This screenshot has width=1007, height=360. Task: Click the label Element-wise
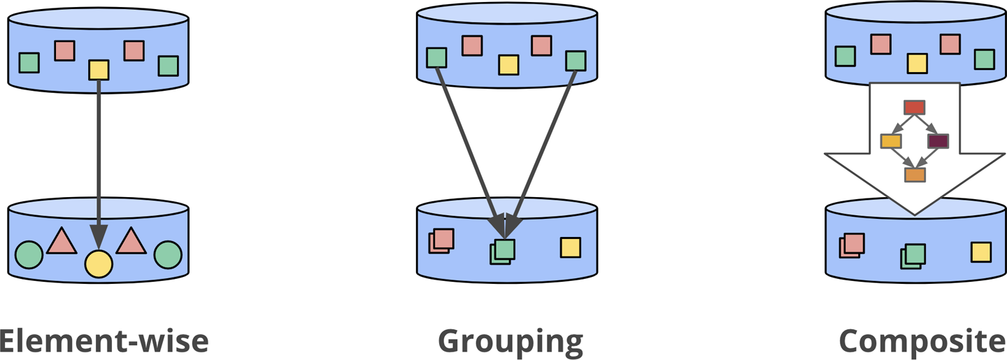pos(103,341)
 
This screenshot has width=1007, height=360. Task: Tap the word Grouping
pos(510,341)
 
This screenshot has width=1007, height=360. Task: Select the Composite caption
pos(922,341)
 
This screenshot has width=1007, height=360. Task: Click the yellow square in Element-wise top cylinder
pos(99,70)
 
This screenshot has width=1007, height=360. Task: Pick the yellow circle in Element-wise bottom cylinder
pos(99,264)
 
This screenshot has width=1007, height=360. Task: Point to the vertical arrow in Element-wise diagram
pos(99,161)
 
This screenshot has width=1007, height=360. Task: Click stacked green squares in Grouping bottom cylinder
pos(503,251)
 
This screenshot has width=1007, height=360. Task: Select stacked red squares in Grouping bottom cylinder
pos(441,240)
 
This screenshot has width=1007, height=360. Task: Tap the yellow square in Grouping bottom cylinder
pos(570,247)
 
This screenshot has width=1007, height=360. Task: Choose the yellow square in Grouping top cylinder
pos(508,65)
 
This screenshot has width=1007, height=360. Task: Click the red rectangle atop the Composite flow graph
pos(914,107)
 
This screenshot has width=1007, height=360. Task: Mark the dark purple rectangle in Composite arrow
pos(938,141)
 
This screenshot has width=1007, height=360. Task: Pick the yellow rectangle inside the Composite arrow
pos(891,141)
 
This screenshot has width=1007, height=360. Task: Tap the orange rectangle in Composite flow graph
pos(915,175)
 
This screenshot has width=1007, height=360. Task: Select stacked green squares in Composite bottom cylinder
pos(913,256)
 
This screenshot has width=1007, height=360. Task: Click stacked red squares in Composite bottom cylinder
pos(852,245)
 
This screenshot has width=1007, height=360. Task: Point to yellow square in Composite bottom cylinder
pos(980,252)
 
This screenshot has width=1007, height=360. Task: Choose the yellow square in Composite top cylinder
pos(917,64)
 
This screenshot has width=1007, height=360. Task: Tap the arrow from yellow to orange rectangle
pos(903,159)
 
